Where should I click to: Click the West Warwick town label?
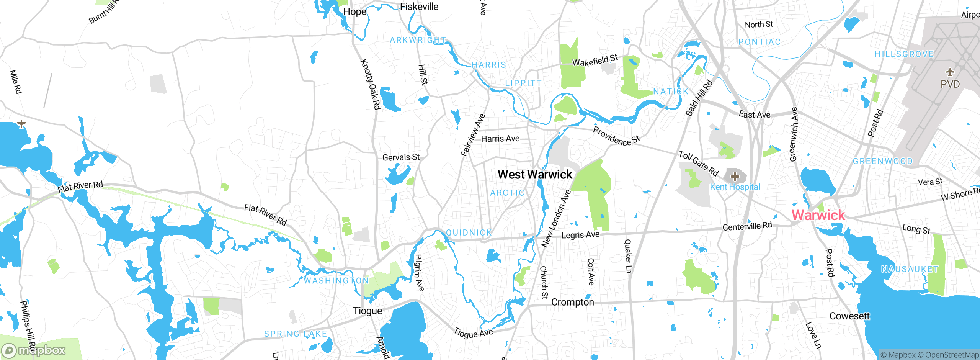534,175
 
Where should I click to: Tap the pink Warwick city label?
818,215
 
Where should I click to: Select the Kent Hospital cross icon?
735,177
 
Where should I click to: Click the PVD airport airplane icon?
950,72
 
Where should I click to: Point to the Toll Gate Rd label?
698,163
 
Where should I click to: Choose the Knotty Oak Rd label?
370,84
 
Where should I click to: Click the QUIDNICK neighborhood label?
469,232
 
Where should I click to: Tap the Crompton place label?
572,302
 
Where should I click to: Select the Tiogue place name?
367,311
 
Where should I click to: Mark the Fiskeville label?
419,7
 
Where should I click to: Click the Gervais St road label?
401,157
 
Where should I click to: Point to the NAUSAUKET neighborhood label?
910,269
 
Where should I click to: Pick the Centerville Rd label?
747,226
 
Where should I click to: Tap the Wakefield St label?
595,60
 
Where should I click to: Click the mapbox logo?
34,350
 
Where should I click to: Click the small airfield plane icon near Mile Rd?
21,124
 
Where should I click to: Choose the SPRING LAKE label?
296,334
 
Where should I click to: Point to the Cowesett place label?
849,316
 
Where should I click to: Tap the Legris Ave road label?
580,235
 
